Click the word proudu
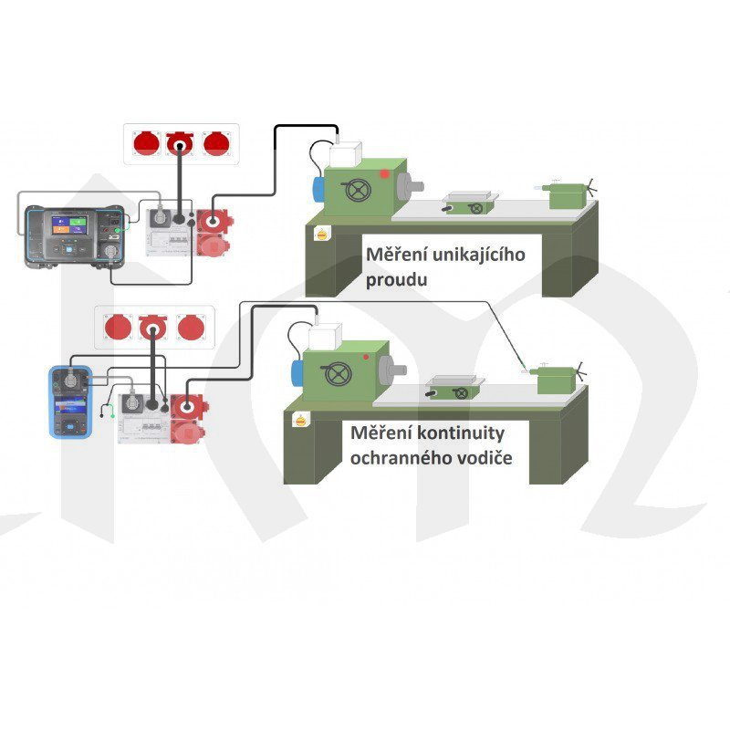[397, 279]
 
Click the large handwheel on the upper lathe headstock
[357, 191]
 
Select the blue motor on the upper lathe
[318, 188]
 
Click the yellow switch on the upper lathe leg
[321, 235]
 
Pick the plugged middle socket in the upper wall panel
[181, 143]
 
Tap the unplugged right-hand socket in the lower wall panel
[191, 327]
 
